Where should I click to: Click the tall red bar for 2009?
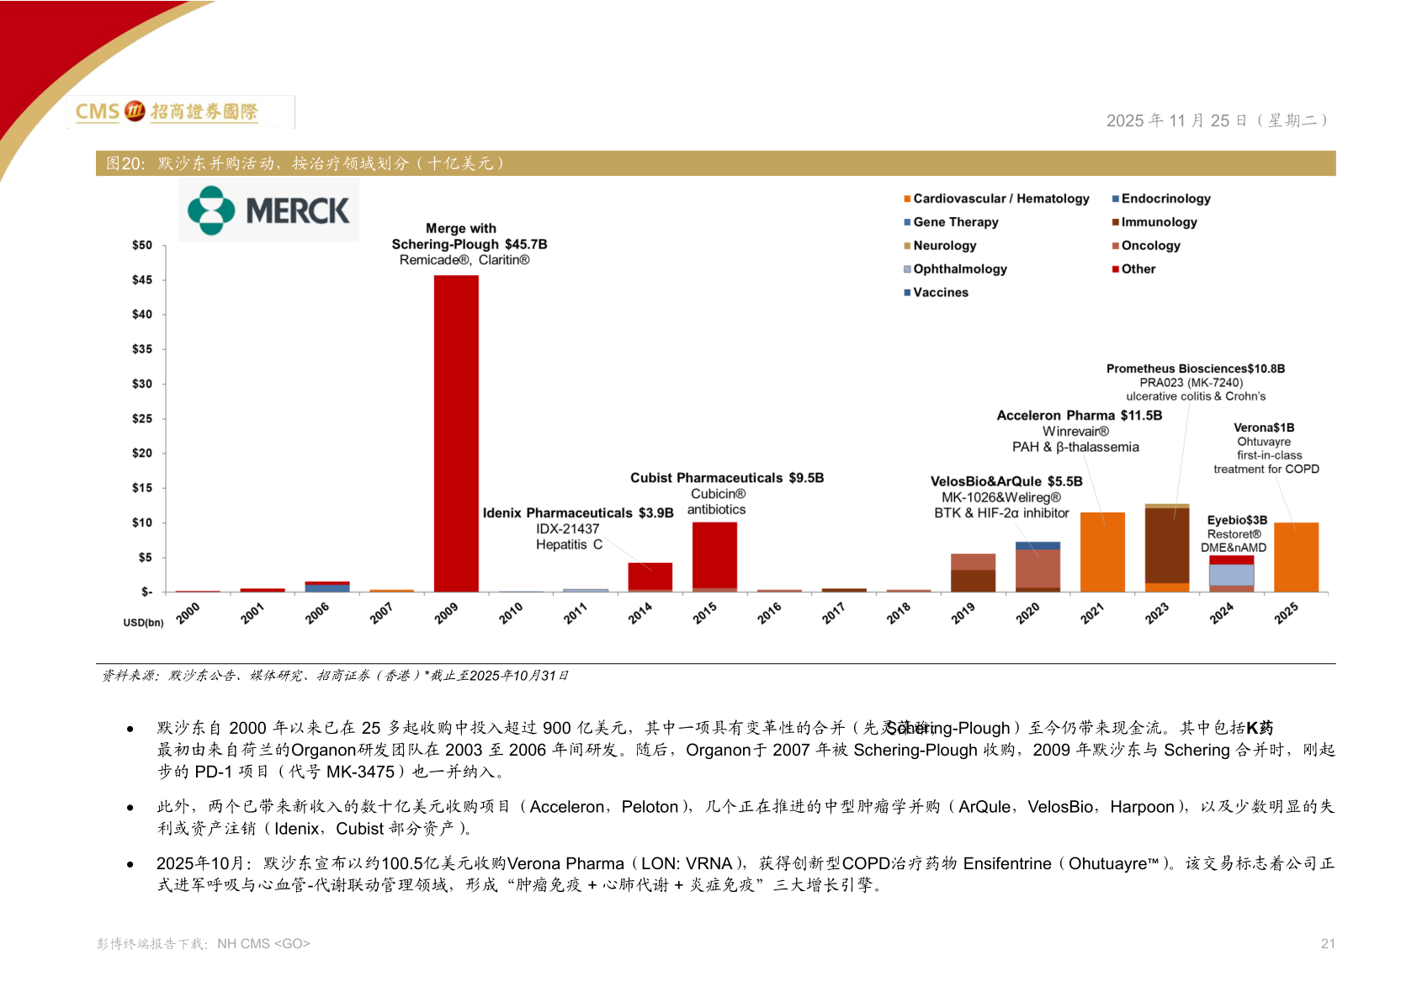click(x=456, y=433)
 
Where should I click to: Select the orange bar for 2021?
click(x=1102, y=551)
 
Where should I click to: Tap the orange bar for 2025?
click(x=1296, y=557)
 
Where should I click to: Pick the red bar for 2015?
click(x=715, y=555)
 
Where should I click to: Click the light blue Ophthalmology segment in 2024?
click(x=1232, y=575)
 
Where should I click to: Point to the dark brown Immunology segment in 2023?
click(x=1167, y=545)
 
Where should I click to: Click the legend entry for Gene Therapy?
click(x=952, y=222)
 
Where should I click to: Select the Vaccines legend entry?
click(x=937, y=292)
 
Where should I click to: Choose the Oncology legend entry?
click(x=1146, y=246)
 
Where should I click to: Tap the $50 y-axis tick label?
click(x=142, y=245)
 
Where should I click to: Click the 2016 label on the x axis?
click(x=769, y=613)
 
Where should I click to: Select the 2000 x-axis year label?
click(x=188, y=613)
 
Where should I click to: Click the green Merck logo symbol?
click(x=211, y=210)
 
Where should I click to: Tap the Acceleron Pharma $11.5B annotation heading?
click(x=1080, y=416)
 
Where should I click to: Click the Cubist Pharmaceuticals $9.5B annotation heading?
click(x=727, y=477)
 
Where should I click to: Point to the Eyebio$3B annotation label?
click(x=1237, y=520)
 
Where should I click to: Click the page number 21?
click(x=1327, y=943)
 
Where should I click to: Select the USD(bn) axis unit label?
click(x=143, y=623)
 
